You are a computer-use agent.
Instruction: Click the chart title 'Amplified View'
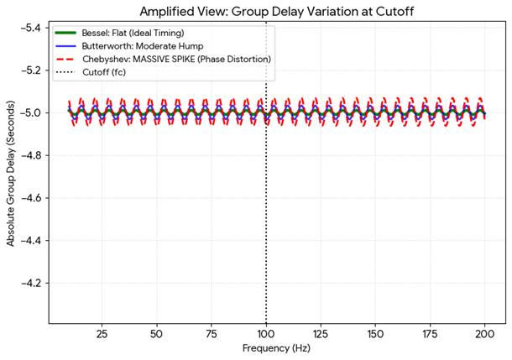(x=266, y=11)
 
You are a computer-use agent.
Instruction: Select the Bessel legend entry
(x=134, y=33)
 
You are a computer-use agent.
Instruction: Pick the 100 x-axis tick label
(x=266, y=333)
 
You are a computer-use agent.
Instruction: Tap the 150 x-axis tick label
(x=375, y=333)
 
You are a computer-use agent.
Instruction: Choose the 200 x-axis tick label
(x=484, y=333)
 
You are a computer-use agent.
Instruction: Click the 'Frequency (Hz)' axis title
(x=266, y=347)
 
